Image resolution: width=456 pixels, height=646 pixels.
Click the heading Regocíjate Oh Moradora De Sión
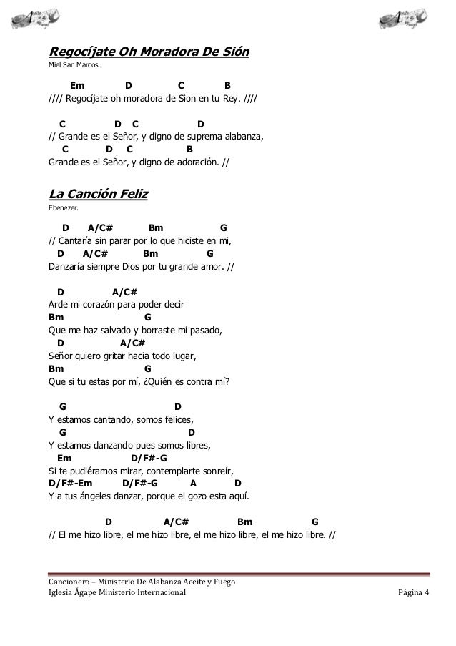(148, 52)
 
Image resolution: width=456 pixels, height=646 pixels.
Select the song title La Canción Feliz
(98, 194)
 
